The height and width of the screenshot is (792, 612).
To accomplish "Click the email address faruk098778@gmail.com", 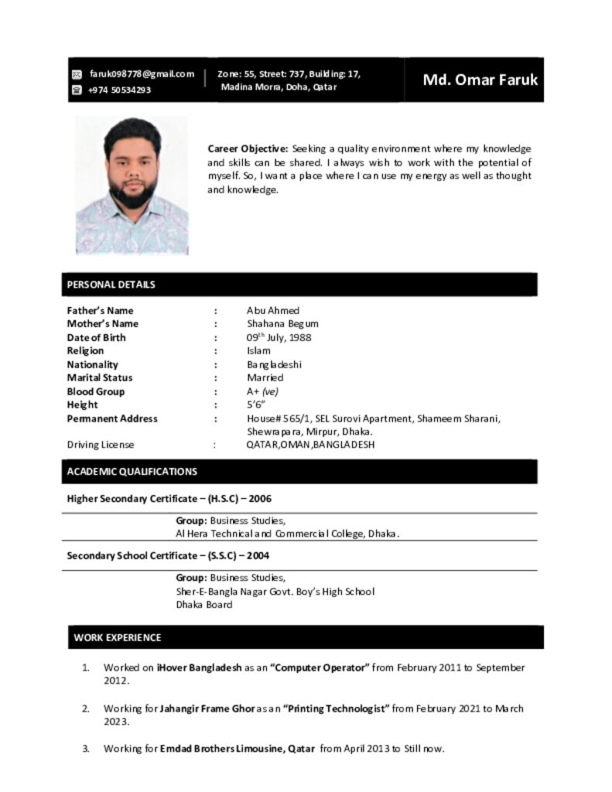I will click(x=142, y=74).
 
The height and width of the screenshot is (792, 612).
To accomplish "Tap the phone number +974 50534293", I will click(x=119, y=90).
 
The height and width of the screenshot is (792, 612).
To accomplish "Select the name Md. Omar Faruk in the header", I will click(x=480, y=80).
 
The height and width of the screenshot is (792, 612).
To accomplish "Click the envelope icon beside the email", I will click(x=77, y=75).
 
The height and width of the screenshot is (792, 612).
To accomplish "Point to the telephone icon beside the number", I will click(x=77, y=90).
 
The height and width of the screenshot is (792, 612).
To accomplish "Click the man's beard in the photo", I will click(x=133, y=194).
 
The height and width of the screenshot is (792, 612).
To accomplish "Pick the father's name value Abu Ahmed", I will click(x=273, y=310).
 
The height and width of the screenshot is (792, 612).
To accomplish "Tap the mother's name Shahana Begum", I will click(x=282, y=324).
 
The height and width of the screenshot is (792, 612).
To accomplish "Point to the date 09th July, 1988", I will click(x=279, y=338).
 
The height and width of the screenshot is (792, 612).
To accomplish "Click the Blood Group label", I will click(x=95, y=391).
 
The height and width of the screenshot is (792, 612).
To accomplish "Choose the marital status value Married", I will click(x=265, y=378).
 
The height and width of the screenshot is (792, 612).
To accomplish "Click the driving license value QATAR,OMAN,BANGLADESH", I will click(x=310, y=445).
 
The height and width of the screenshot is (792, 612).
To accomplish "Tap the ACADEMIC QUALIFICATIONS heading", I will click(x=132, y=471).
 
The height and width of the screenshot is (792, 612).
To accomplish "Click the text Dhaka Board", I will click(x=203, y=605).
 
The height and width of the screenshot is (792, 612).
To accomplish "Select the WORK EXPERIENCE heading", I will click(x=118, y=638).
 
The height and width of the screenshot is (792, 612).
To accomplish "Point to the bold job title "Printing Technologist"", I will click(x=337, y=708).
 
